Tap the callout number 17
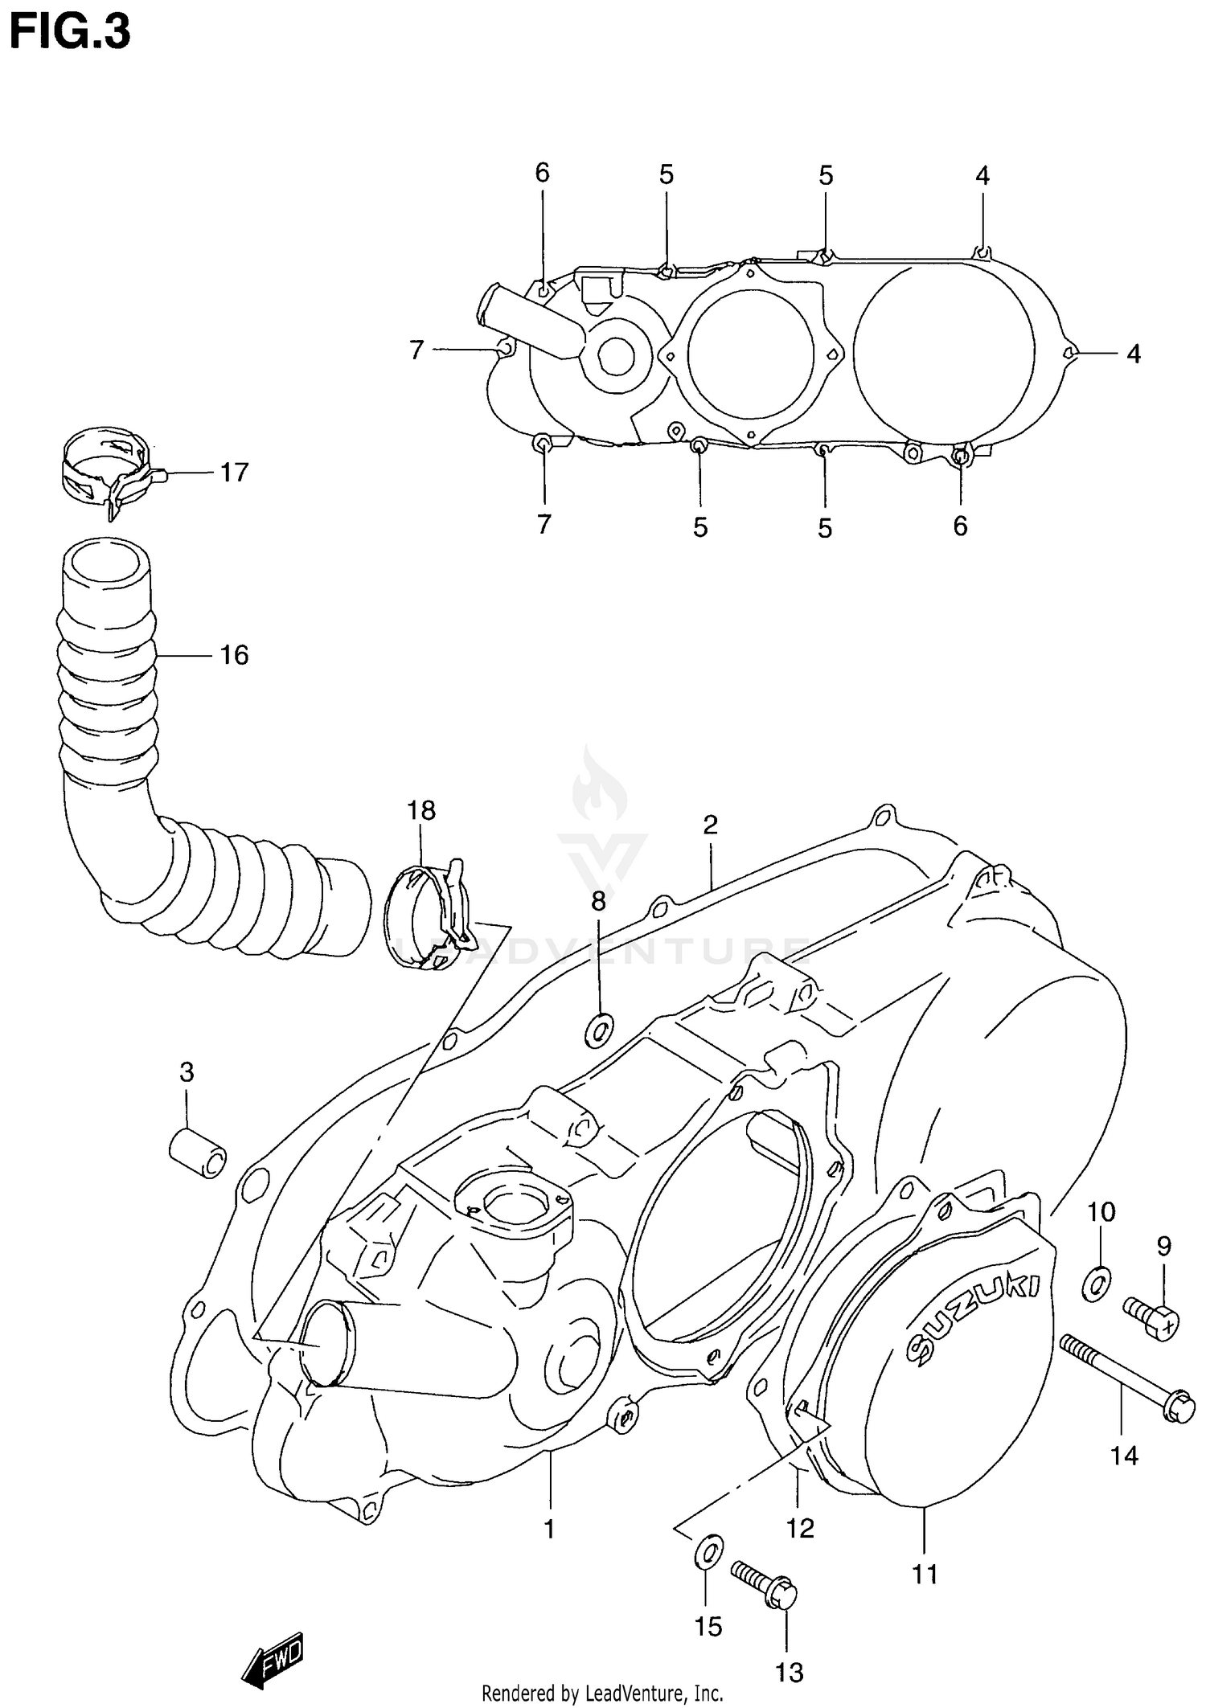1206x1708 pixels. click(234, 472)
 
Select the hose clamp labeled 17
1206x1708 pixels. click(109, 470)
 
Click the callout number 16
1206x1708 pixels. click(234, 655)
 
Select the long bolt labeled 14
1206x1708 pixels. click(1126, 1378)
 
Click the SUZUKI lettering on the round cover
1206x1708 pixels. click(973, 1317)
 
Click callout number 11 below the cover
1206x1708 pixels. click(925, 1574)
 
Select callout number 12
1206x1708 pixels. click(800, 1528)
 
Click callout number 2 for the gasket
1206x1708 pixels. click(710, 825)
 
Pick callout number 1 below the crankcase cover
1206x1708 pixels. click(550, 1529)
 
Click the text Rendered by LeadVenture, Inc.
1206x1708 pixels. click(602, 1694)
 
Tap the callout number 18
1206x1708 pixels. click(420, 810)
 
